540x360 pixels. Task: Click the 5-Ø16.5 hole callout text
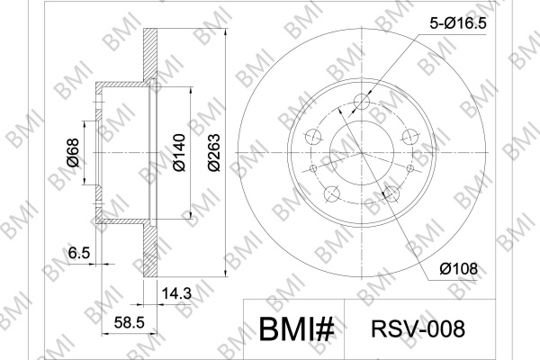point(458,23)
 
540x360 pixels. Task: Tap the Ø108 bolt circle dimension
point(458,269)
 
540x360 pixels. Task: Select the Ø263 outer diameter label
point(214,152)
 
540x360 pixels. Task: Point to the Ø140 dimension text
point(179,152)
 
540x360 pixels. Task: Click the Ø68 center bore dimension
point(73,153)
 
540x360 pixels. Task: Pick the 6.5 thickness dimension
point(79,253)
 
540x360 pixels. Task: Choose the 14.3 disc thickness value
point(176,293)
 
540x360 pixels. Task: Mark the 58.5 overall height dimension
point(129,323)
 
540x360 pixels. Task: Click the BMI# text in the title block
point(296,329)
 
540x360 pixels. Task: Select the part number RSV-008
point(418,328)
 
